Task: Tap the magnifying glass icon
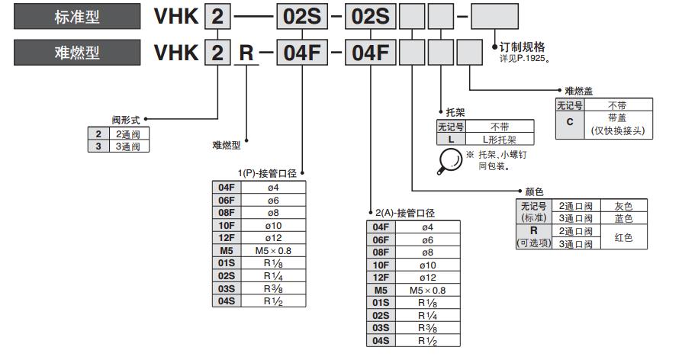[450, 159]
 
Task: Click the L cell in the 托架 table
[451, 139]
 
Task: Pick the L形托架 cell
[500, 139]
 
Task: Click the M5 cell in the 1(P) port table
[226, 250]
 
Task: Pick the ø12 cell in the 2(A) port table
[426, 277]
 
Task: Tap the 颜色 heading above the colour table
[533, 191]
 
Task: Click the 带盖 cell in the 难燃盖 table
[617, 117]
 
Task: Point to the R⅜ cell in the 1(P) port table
[273, 288]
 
